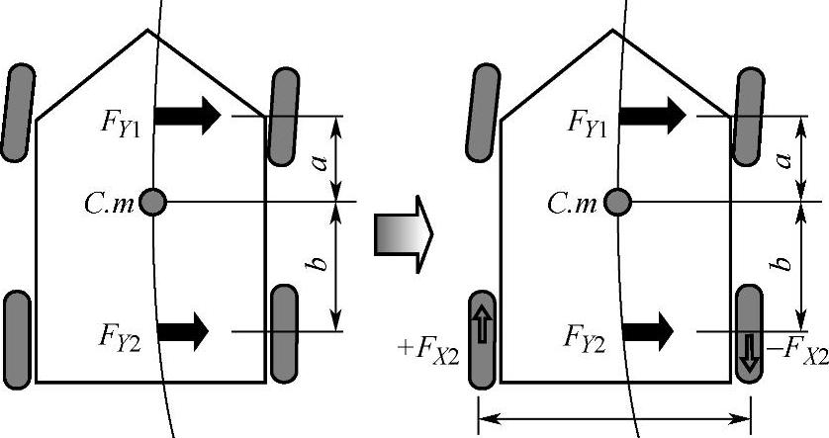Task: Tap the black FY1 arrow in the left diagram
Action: tap(189, 117)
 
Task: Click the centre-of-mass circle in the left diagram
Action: tap(152, 202)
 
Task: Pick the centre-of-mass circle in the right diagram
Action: tap(617, 202)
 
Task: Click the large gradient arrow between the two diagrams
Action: tap(404, 233)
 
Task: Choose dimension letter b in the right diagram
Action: tap(784, 265)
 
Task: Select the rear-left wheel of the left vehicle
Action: tap(19, 341)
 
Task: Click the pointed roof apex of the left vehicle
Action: tap(148, 31)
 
